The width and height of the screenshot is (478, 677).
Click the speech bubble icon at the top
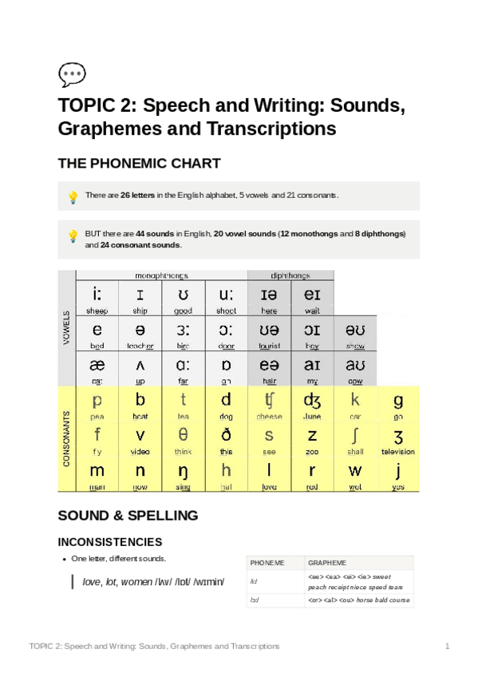[x=72, y=74]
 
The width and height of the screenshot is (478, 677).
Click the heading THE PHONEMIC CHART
[x=139, y=164]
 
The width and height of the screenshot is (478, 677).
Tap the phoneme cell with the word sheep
[x=97, y=299]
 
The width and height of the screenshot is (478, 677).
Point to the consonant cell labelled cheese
[x=269, y=406]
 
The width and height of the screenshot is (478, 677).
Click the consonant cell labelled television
[x=397, y=441]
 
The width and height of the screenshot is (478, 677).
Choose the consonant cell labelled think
[x=183, y=441]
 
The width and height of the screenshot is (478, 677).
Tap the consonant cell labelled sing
[x=183, y=475]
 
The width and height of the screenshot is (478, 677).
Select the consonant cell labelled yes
[x=397, y=475]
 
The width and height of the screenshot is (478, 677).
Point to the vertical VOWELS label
[x=66, y=328]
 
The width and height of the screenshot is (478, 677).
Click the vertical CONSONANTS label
[x=66, y=438]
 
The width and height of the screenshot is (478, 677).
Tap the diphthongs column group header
[x=290, y=275]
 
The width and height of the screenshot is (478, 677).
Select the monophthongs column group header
[x=161, y=275]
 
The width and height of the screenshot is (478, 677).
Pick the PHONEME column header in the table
[x=267, y=563]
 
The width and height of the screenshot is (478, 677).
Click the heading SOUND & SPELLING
[x=128, y=515]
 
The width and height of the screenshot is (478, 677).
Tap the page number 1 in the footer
[x=448, y=645]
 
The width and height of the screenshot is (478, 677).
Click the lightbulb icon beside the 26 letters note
[x=73, y=196]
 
